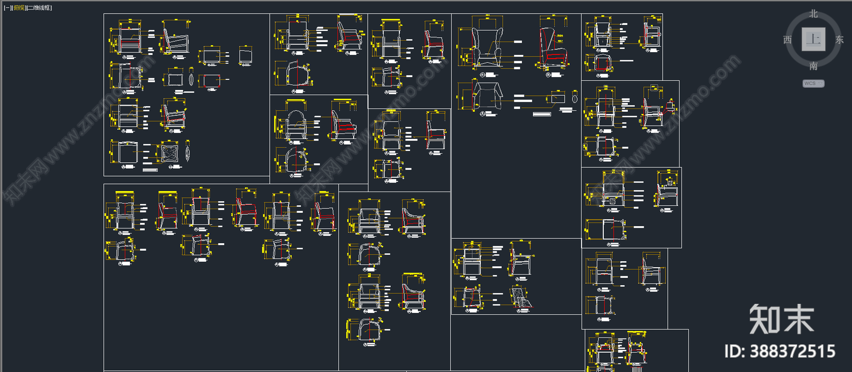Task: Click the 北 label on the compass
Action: pos(813,14)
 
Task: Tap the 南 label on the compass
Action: pos(813,66)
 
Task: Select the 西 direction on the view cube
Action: pos(788,40)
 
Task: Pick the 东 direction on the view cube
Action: pos(839,40)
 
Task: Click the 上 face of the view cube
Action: pos(813,39)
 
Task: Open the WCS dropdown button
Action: pos(813,84)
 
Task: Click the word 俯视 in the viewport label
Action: pos(19,8)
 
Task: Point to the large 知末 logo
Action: pos(781,319)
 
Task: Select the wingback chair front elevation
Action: pos(487,47)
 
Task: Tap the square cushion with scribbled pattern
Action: pos(170,153)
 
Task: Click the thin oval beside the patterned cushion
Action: pos(187,153)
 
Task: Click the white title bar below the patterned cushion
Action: pos(150,170)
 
